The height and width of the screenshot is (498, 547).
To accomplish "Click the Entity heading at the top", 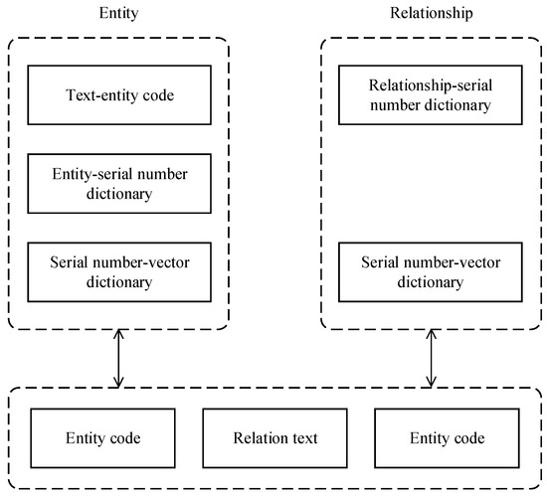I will click(118, 14).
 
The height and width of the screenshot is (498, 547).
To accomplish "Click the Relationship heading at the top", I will click(430, 14).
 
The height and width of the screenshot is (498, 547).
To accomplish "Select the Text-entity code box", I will click(118, 97).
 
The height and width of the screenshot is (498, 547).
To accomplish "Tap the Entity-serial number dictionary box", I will click(118, 184).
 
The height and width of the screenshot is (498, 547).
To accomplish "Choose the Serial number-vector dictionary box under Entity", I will click(118, 272).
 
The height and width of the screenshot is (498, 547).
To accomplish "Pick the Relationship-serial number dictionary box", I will click(430, 97).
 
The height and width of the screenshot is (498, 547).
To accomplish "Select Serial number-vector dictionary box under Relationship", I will click(430, 272).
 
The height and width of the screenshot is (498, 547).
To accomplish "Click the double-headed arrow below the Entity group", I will click(118, 360).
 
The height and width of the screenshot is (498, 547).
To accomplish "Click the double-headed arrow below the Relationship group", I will click(430, 360).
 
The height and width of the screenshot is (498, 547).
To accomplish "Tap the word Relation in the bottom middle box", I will click(255, 438).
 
